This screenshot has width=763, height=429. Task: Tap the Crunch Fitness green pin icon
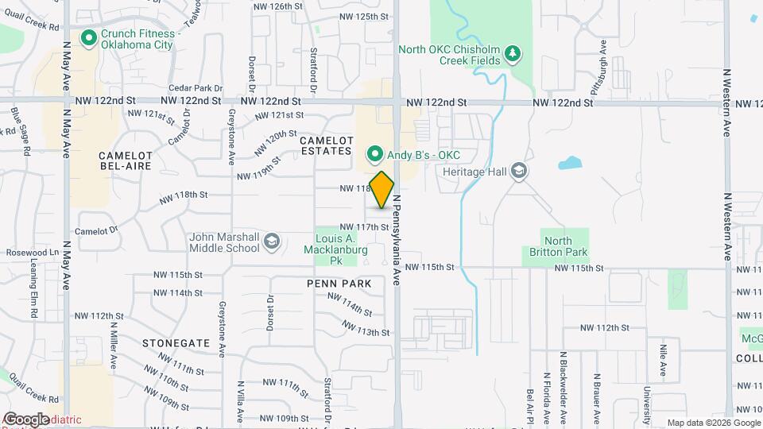tap(88, 37)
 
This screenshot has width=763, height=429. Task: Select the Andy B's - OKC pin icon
tap(372, 154)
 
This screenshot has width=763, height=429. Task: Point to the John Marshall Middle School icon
tap(272, 242)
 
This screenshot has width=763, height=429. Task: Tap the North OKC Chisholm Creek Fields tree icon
tap(513, 54)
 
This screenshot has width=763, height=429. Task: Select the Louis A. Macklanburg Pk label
tap(335, 249)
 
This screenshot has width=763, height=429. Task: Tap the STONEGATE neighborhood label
tap(176, 343)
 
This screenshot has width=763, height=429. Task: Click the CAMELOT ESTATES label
tap(325, 145)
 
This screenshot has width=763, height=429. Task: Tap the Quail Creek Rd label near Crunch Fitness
tap(32, 25)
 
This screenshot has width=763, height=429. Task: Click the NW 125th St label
tap(363, 16)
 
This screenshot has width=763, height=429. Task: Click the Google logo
tap(25, 419)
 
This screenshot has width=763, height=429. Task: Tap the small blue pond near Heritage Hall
tap(571, 164)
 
